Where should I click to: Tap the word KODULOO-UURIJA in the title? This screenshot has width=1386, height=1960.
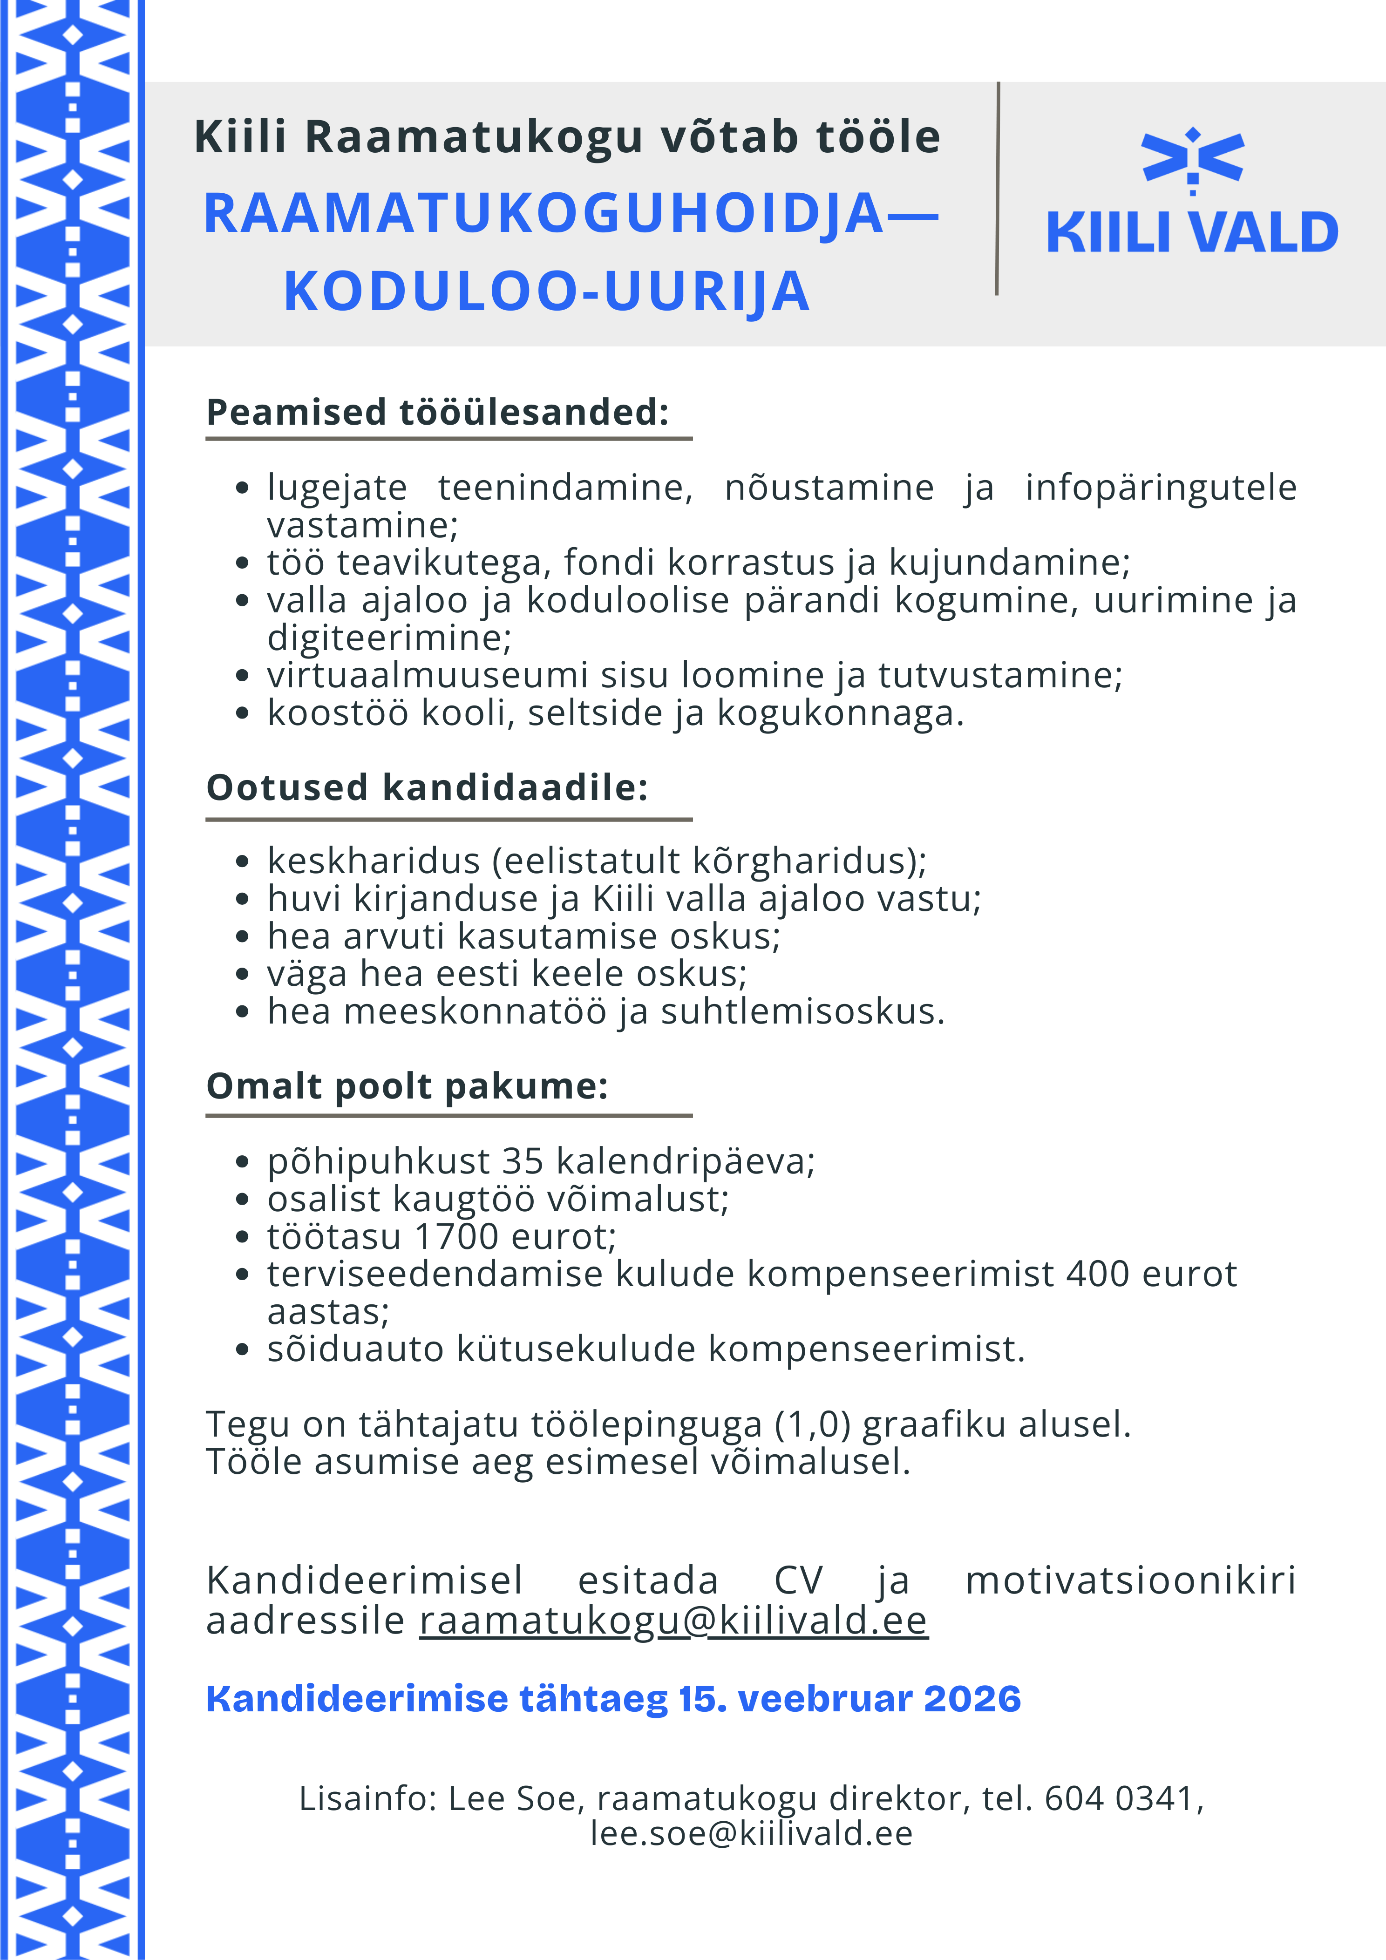click(x=547, y=291)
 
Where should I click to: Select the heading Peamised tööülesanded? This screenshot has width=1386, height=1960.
click(x=437, y=412)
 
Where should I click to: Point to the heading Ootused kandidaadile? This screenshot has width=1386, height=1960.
click(x=427, y=787)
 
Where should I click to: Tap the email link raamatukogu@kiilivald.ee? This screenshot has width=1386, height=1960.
click(x=673, y=1620)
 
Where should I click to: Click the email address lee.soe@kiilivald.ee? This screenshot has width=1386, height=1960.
click(x=752, y=1833)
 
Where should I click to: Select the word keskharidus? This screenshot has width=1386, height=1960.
click(x=373, y=861)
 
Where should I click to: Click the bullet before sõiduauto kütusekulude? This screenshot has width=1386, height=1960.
click(x=243, y=1350)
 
